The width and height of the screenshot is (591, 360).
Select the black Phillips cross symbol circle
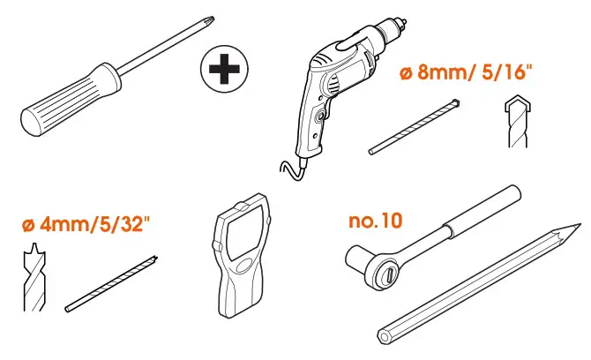coord(223,71)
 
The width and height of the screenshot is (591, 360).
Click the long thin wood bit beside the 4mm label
coord(112,283)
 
